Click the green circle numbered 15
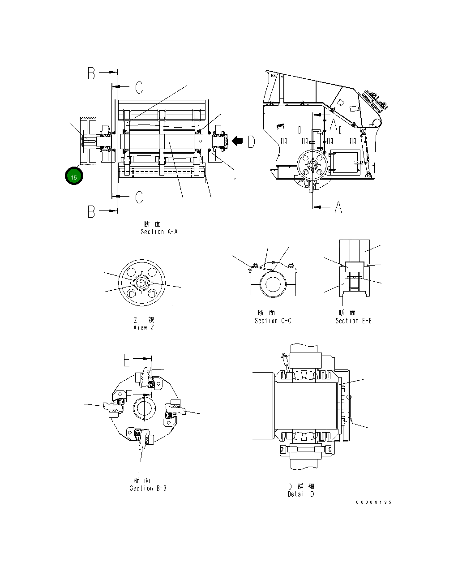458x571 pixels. [74, 177]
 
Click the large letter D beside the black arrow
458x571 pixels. [251, 142]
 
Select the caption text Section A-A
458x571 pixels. [159, 232]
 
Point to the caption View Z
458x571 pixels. [143, 327]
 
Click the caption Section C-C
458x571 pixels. [273, 321]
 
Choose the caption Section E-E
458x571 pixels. [353, 321]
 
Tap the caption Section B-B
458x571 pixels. [148, 488]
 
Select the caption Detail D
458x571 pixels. [301, 494]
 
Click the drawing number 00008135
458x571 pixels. [373, 502]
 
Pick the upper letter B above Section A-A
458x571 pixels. [91, 73]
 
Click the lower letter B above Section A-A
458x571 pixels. [91, 211]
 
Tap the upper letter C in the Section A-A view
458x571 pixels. [139, 88]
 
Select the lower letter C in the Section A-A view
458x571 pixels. [139, 197]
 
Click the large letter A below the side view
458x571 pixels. [338, 207]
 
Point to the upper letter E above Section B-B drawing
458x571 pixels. [127, 360]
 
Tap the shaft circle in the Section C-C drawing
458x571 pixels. [273, 285]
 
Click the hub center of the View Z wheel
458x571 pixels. [141, 283]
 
